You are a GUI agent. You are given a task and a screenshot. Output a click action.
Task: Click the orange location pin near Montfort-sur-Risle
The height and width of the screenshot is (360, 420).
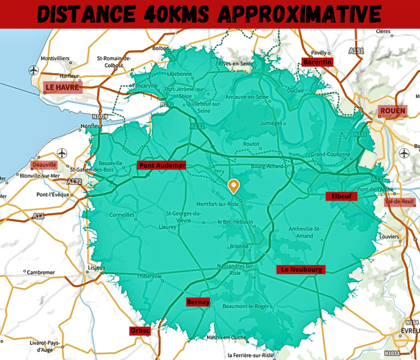(x=234, y=186)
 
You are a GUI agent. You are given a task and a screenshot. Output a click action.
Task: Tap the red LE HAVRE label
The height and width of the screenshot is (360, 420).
(x=62, y=87)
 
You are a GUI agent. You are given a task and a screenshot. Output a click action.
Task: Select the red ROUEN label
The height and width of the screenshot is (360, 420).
(x=393, y=111)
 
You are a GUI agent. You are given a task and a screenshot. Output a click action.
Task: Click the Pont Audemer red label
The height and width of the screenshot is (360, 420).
(x=161, y=166)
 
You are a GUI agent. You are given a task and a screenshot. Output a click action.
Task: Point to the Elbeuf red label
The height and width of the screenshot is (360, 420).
(x=341, y=196)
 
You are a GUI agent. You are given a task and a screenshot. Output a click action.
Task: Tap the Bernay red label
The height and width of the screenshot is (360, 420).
(x=198, y=302)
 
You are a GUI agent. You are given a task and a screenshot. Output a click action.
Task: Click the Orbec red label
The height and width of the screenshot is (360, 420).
(x=140, y=330)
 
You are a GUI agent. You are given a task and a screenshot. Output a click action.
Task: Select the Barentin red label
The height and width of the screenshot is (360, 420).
(x=317, y=62)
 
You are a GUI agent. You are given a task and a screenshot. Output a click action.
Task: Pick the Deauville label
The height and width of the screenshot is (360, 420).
(x=44, y=165)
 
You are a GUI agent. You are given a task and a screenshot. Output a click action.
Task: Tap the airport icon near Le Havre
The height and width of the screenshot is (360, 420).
(x=34, y=70)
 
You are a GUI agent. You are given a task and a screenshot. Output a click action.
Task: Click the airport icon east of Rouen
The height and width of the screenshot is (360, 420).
(x=404, y=153)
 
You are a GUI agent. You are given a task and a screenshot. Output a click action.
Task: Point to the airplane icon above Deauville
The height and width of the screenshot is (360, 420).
(x=62, y=153)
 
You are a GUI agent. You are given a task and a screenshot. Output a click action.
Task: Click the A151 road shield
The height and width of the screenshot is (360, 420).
(x=357, y=50)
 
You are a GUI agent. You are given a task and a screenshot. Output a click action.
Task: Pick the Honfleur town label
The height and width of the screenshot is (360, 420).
(x=91, y=126)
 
